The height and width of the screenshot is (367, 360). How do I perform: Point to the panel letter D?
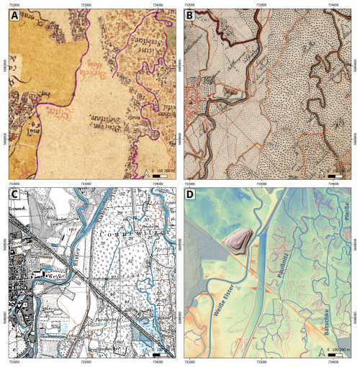click(x=192, y=196)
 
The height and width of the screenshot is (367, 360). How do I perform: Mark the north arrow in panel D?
click(x=320, y=353)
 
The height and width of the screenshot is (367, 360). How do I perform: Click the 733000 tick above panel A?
click(x=86, y=5)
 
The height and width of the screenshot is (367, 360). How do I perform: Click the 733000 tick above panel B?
click(x=261, y=5)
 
